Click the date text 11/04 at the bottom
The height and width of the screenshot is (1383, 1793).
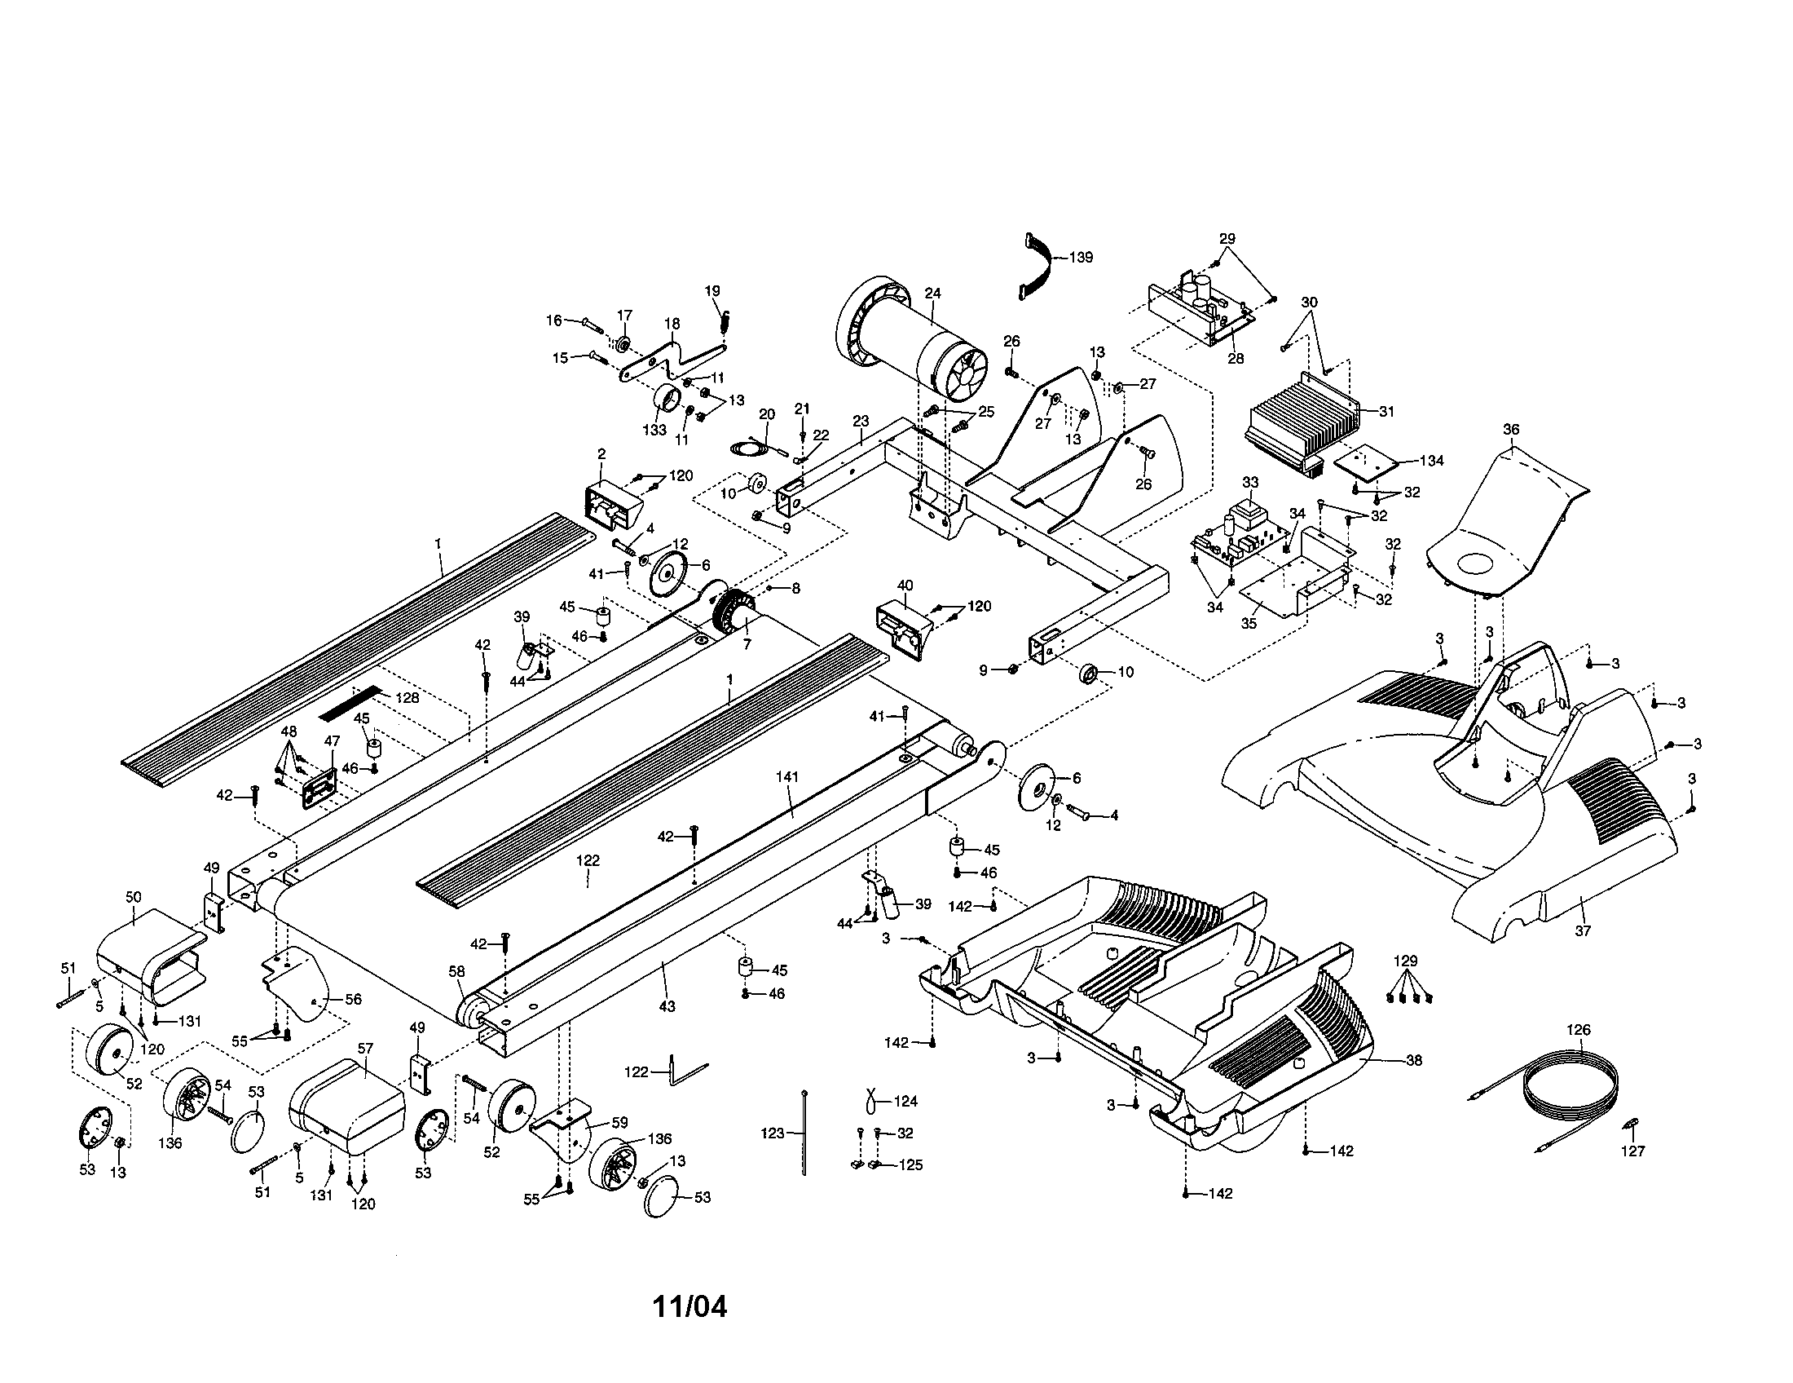click(689, 1306)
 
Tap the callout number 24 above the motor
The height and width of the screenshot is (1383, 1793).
click(932, 294)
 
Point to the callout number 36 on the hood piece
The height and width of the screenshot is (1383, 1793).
click(1510, 430)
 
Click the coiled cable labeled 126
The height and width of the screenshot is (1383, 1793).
click(1568, 1084)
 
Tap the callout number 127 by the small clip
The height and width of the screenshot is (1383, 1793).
click(1633, 1151)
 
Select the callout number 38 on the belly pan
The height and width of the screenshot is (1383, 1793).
click(1413, 1060)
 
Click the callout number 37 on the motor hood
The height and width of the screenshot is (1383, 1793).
click(1582, 931)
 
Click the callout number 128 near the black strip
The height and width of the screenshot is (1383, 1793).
click(407, 698)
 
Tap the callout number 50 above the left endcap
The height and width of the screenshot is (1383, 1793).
click(133, 898)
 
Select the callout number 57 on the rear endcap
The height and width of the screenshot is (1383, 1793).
click(365, 1049)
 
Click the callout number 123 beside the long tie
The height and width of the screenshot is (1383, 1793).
click(773, 1133)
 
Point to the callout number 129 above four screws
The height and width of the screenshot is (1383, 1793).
click(1406, 961)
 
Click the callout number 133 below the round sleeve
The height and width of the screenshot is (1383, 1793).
click(654, 431)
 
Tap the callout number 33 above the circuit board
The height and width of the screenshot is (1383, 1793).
click(1249, 481)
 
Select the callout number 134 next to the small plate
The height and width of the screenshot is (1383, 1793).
click(1431, 461)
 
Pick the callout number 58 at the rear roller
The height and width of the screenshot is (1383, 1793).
click(456, 970)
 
